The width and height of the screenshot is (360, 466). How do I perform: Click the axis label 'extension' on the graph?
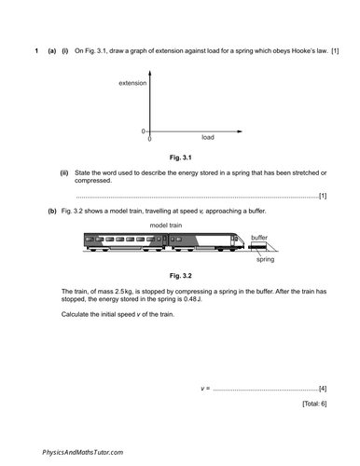134,84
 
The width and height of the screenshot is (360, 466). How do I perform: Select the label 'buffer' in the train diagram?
259,239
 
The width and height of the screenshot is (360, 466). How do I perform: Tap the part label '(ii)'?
64,172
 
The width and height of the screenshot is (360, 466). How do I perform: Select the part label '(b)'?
51,212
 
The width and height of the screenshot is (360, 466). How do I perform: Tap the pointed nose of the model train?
250,249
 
